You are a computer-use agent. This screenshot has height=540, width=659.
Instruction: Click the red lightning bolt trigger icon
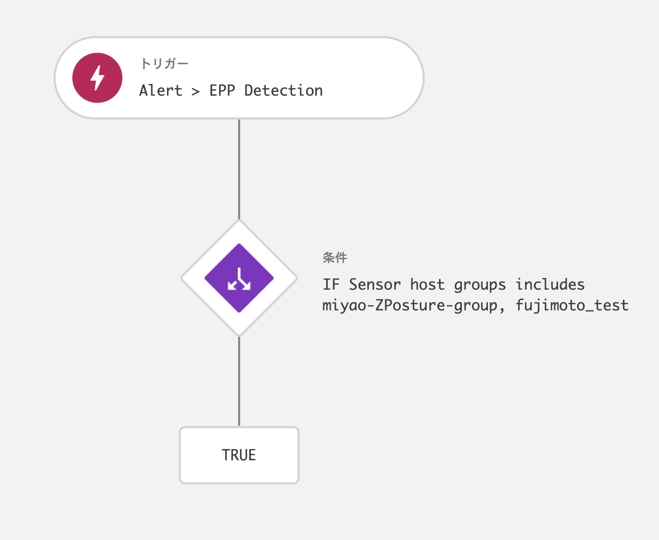coord(97,78)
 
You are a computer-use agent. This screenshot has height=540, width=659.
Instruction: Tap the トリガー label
coord(164,64)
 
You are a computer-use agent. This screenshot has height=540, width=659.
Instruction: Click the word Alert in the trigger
coord(160,91)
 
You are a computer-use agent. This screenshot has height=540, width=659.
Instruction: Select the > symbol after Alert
coord(196,91)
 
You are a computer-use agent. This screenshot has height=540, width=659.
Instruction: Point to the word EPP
coord(222,91)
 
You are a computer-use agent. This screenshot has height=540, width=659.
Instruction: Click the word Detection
coord(283,91)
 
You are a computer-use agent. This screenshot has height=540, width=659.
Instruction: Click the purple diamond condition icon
coord(239,278)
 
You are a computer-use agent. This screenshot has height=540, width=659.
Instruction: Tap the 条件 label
coord(335,258)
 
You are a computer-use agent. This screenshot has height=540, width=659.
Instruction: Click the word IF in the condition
coord(331,285)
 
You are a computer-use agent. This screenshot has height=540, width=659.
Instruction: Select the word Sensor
coord(375,285)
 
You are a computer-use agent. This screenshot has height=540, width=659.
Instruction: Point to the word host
coord(427,285)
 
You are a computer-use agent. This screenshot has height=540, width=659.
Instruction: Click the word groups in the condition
coord(480,285)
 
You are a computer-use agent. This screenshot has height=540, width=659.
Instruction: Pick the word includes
coord(550,285)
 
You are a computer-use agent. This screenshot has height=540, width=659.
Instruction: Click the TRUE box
coord(239,455)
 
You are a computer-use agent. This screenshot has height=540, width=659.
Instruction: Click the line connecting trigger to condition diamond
coord(239,169)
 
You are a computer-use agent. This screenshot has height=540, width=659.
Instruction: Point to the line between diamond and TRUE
coord(239,381)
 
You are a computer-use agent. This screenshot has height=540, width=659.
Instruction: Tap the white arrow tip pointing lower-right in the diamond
coord(249,288)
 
